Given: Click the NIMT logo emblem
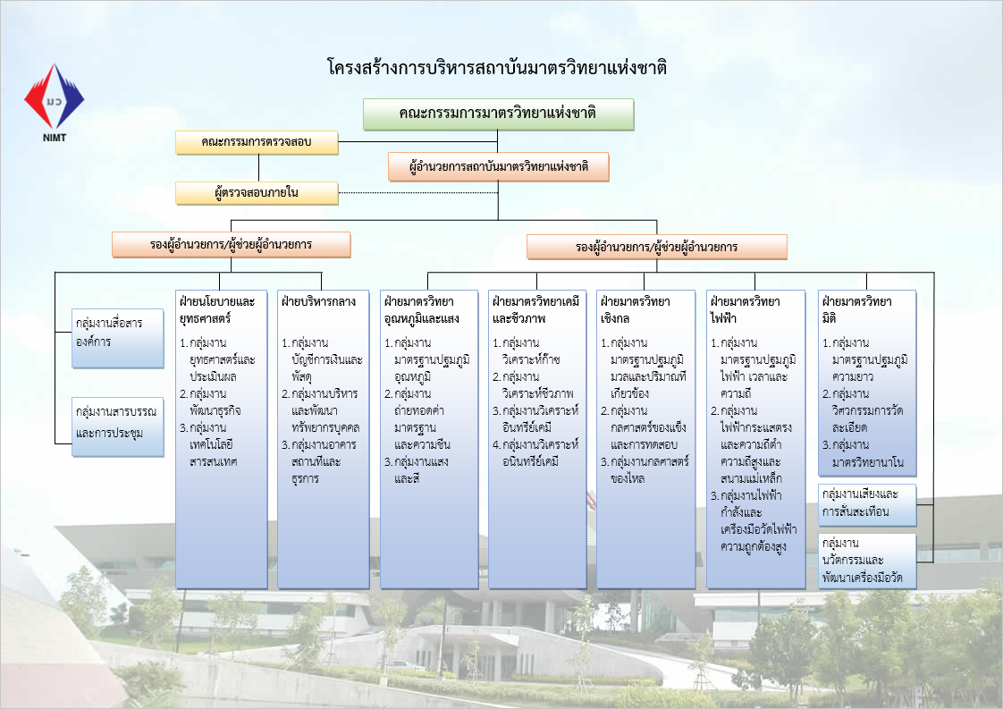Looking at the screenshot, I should (54, 98).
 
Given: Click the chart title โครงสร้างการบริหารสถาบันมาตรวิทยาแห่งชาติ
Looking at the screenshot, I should (498, 68).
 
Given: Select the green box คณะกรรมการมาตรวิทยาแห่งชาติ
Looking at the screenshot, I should (498, 114).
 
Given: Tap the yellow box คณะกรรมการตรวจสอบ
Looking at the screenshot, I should (257, 141).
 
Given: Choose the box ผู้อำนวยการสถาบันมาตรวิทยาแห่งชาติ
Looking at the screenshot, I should (498, 166).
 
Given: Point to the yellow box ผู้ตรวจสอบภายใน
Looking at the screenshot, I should (257, 191).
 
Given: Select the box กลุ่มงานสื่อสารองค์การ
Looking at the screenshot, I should (119, 331).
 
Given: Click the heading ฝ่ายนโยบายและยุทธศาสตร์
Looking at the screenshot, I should (218, 308).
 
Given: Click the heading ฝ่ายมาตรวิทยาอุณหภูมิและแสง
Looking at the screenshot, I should (419, 308).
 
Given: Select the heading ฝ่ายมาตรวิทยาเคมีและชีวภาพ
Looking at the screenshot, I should (535, 308).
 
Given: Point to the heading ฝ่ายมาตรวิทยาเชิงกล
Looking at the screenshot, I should (636, 308).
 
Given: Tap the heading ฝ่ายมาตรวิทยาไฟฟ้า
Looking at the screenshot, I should (743, 308).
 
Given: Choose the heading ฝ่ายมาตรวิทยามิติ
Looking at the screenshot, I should (856, 308).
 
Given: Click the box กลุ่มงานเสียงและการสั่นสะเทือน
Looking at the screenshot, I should (867, 505).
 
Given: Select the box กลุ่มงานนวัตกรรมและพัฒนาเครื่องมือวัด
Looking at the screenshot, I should (867, 561).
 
